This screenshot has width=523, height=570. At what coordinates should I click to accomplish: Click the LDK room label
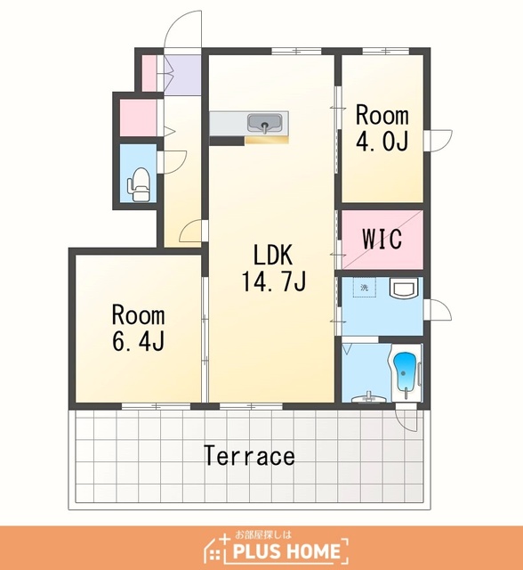coord(272,255)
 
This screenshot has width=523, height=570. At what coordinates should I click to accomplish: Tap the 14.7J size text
coord(274,281)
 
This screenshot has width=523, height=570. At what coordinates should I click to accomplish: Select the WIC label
coord(382,239)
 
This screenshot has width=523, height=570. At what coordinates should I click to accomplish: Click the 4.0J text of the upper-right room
coord(382,141)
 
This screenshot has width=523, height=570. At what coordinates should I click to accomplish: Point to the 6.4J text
coord(138,341)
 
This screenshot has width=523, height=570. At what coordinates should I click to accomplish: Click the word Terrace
coord(249,455)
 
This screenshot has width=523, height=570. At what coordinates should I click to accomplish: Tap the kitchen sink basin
coord(264,123)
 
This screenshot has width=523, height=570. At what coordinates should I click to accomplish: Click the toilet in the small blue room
coord(139,184)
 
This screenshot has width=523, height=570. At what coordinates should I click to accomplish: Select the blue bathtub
coord(404,371)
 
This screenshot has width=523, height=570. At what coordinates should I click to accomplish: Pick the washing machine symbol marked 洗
coord(365,288)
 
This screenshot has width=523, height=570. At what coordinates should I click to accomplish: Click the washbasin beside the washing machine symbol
coord(404,288)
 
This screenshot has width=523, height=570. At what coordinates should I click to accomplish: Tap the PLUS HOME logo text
coord(286,551)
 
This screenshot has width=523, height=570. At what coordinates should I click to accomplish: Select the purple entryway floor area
coord(182,75)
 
